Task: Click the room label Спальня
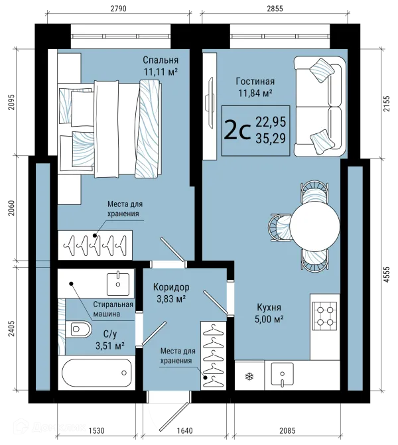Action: pyautogui.click(x=161, y=60)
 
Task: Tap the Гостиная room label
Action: pyautogui.click(x=255, y=82)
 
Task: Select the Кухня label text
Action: pyautogui.click(x=269, y=307)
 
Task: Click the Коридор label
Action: pyautogui.click(x=171, y=287)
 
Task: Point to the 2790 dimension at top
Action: pyautogui.click(x=118, y=9)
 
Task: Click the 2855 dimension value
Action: pyautogui.click(x=275, y=9)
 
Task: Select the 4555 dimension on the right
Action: pyautogui.click(x=387, y=275)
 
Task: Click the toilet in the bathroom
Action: pyautogui.click(x=79, y=329)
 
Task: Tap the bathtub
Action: pyautogui.click(x=97, y=373)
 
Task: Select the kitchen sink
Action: pyautogui.click(x=282, y=375)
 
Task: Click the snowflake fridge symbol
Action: pyautogui.click(x=249, y=377)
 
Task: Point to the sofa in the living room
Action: pyautogui.click(x=320, y=106)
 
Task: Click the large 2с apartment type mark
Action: pyautogui.click(x=237, y=131)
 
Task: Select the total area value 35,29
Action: pyautogui.click(x=271, y=139)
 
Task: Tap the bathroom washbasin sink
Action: pyautogui.click(x=118, y=283)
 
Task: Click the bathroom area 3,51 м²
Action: pyautogui.click(x=110, y=346)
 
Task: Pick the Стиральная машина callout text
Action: pyautogui.click(x=113, y=309)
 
